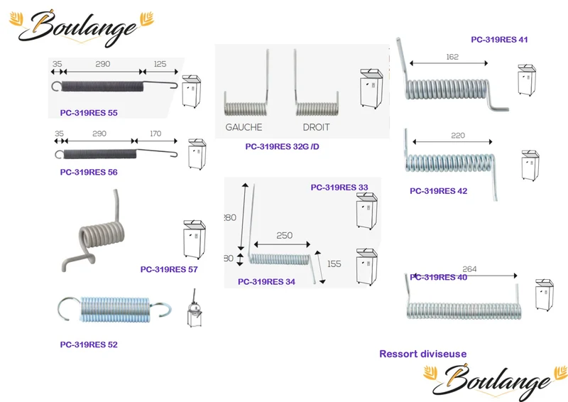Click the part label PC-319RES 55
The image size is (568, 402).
click(x=89, y=113)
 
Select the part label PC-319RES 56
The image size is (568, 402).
click(x=89, y=172)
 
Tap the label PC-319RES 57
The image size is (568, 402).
click(x=169, y=269)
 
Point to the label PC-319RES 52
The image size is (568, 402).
click(x=89, y=344)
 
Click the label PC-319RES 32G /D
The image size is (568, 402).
click(x=282, y=147)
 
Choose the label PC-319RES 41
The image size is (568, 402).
click(x=499, y=40)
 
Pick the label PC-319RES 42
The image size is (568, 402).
click(x=438, y=191)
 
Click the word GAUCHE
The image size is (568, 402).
click(x=244, y=127)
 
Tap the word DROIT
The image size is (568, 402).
click(x=316, y=127)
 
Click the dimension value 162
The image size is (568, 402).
click(x=452, y=57)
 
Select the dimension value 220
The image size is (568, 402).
click(x=458, y=136)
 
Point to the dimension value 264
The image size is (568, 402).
click(x=469, y=269)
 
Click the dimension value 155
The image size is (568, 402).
click(x=334, y=264)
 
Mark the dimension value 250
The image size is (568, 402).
click(x=285, y=236)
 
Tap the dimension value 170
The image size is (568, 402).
click(x=155, y=134)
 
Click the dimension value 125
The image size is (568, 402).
click(x=160, y=64)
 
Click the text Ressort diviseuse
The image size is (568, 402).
click(x=422, y=354)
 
